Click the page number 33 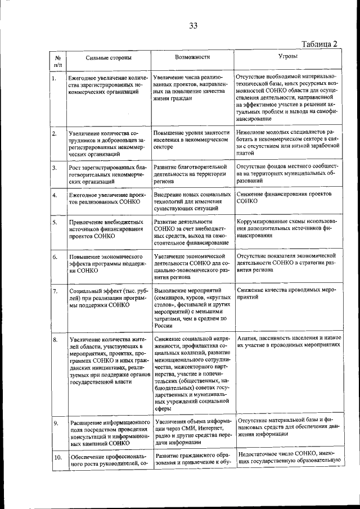tap(193, 25)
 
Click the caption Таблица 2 tap(319, 44)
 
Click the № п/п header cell tap(57, 61)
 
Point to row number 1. tap(55, 79)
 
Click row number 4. tap(55, 195)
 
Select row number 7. tap(55, 291)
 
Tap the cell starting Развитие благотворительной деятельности tap(191, 174)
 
